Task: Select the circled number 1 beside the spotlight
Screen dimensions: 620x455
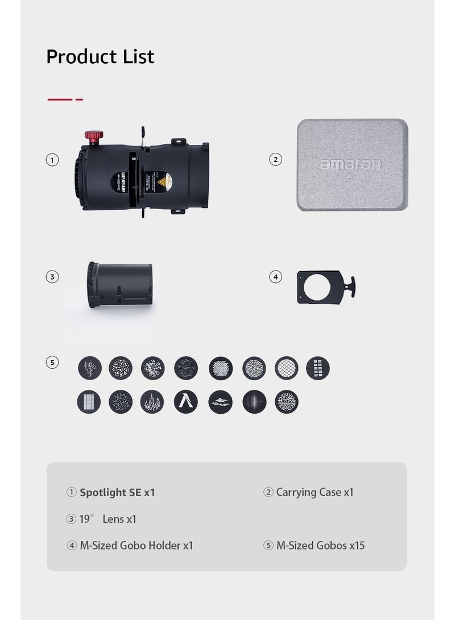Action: click(52, 160)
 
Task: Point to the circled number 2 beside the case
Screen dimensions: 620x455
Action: click(275, 160)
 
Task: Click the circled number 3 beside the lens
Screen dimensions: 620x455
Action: click(52, 277)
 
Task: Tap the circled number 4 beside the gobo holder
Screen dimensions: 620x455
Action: click(275, 277)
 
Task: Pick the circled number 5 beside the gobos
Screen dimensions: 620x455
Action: click(52, 362)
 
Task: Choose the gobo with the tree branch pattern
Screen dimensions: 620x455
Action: click(90, 368)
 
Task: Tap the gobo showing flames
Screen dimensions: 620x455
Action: click(152, 402)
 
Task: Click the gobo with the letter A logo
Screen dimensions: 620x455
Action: click(185, 402)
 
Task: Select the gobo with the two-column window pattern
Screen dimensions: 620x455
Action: click(318, 368)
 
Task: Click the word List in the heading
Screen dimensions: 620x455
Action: click(135, 57)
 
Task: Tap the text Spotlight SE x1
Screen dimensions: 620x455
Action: click(117, 492)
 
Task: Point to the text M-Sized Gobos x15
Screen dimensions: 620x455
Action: click(320, 546)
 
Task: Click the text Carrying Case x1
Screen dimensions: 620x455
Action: click(315, 492)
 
